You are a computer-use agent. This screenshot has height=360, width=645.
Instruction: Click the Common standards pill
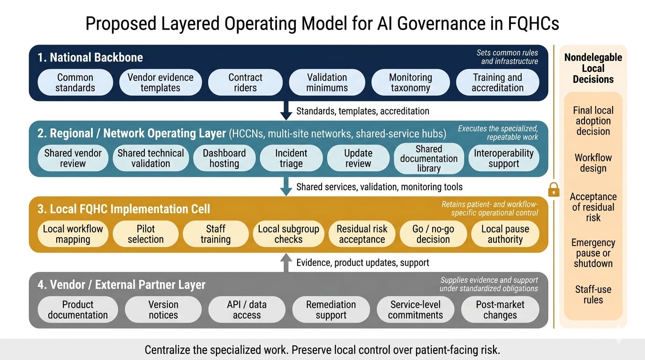click(75, 82)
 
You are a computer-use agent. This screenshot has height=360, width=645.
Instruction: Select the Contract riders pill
click(245, 82)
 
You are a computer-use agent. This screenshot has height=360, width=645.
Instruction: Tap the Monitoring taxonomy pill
click(410, 82)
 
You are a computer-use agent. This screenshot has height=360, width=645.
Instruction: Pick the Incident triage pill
click(291, 158)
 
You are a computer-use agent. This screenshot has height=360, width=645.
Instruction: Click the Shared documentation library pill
click(428, 158)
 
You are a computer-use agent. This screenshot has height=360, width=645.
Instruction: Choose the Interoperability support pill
click(503, 158)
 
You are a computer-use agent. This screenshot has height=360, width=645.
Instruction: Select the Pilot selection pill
click(145, 234)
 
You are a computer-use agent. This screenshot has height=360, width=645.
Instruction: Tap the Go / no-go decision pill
click(433, 234)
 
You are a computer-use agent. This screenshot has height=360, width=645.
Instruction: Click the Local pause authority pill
click(505, 234)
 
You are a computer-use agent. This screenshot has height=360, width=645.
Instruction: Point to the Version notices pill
click(163, 310)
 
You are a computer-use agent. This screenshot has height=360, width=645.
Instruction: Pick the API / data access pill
click(247, 310)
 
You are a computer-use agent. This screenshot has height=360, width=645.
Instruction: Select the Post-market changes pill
click(500, 310)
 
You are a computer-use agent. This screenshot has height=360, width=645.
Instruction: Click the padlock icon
click(554, 189)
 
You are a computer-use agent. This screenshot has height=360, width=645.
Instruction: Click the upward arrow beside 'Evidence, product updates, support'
click(286, 262)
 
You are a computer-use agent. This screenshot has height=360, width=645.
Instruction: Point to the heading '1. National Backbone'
click(90, 57)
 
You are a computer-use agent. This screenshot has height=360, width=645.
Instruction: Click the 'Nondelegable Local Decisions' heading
click(593, 68)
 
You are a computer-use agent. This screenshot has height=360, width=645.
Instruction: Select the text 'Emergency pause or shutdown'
click(593, 253)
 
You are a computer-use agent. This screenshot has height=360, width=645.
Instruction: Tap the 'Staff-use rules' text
click(593, 294)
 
